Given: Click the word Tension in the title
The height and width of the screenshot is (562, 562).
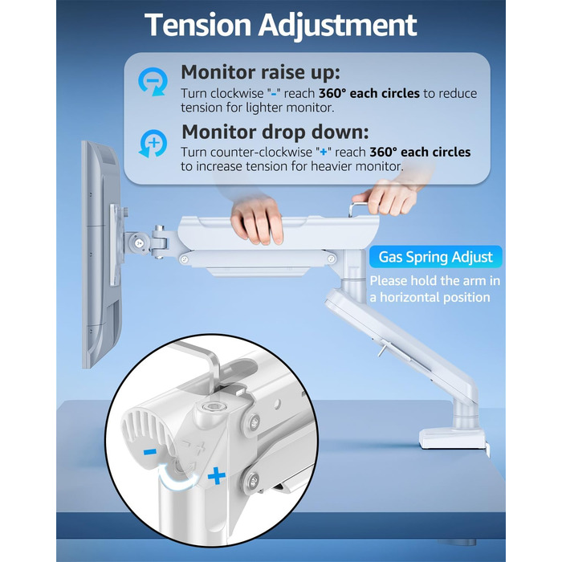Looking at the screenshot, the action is click(x=198, y=25).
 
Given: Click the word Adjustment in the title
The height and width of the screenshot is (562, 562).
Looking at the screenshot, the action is click(x=338, y=26).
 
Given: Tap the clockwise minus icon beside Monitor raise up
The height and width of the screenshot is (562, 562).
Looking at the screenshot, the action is click(x=153, y=82).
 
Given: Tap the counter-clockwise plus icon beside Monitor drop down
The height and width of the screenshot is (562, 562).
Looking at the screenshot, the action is click(x=153, y=144).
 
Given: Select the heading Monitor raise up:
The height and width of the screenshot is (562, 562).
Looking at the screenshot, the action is click(x=261, y=73).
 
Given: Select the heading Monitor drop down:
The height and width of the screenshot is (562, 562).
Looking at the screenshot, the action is click(x=275, y=132).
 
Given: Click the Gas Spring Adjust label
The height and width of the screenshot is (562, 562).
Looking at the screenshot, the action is click(x=435, y=257).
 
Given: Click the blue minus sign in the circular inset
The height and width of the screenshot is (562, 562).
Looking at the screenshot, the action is click(x=149, y=451).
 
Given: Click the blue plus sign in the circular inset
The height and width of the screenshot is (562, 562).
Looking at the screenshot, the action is click(x=217, y=476).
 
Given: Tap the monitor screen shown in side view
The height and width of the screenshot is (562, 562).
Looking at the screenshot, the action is click(x=101, y=255).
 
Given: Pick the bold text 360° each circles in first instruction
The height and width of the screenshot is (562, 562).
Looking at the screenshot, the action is click(x=369, y=93).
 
